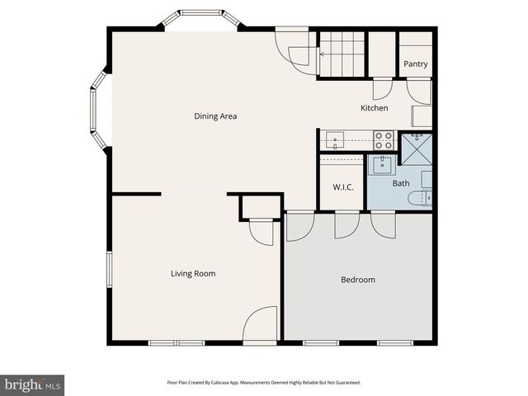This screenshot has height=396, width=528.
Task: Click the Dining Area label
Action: (215, 116)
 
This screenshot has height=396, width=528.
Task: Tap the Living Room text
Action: (193, 274)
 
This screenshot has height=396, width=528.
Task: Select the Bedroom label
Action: (358, 280)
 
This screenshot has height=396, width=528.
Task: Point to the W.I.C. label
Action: (343, 187)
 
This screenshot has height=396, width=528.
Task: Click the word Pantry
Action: (415, 64)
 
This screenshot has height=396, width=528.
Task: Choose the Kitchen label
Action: (375, 109)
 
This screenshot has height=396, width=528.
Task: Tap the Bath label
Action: (400, 183)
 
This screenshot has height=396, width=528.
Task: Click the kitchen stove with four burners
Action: (384, 140)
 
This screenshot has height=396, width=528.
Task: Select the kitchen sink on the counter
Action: (334, 139)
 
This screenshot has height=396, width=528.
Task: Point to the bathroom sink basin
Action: (383, 165)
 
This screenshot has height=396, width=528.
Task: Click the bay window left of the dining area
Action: (98, 110)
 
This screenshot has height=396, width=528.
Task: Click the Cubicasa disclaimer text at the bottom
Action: (264, 383)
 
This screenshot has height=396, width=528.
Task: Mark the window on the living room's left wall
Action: (109, 271)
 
